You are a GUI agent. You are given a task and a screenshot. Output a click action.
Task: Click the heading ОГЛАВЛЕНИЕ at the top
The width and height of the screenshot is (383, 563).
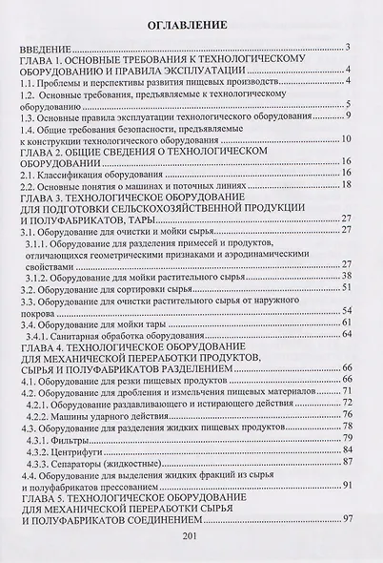191,21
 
